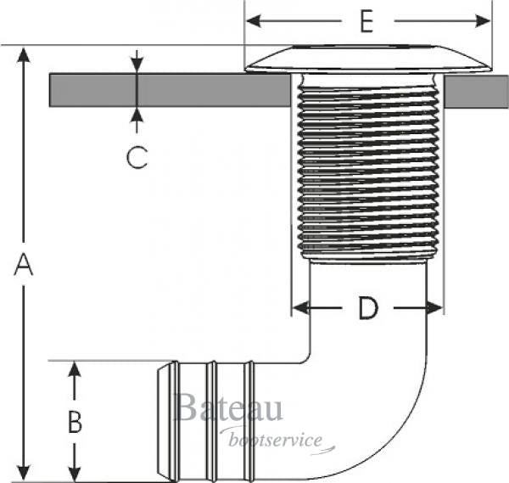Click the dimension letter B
click(x=75, y=422)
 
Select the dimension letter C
click(x=137, y=157)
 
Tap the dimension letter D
click(x=366, y=308)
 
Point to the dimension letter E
click(x=366, y=21)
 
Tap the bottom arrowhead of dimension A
click(x=24, y=473)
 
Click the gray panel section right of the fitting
click(x=474, y=90)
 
